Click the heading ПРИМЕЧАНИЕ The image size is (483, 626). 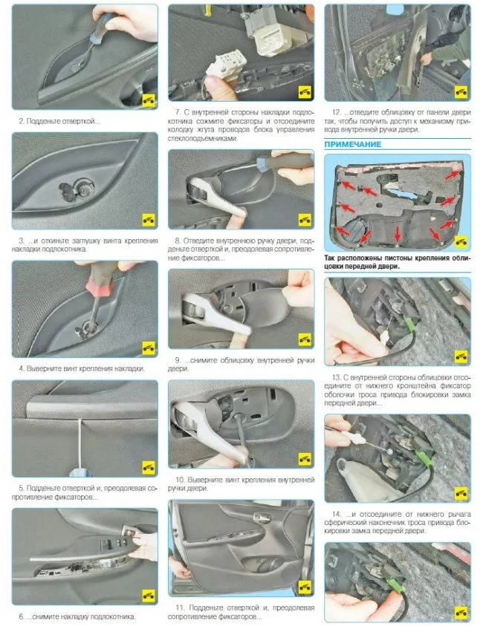(352, 144)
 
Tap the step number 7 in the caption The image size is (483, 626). (178, 113)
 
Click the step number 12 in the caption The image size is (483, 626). (337, 113)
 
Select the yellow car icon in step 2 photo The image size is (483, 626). (149, 100)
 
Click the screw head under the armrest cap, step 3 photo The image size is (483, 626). (84, 192)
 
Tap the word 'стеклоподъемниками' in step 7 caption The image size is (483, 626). (203, 139)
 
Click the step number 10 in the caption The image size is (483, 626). (180, 480)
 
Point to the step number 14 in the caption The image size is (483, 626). (337, 514)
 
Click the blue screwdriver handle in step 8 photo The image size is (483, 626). (265, 163)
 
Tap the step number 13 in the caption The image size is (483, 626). (337, 377)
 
